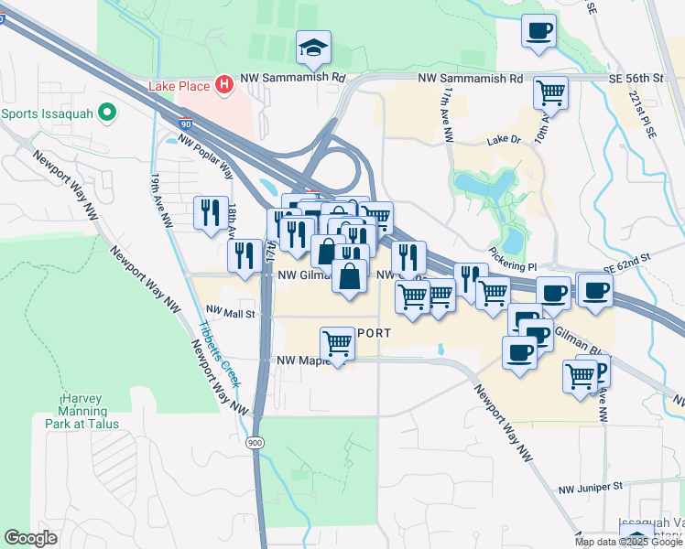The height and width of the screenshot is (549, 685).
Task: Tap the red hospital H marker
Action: pos(224,85)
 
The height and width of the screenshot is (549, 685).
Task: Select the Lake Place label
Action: pos(180,86)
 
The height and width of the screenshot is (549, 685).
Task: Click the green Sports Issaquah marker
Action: pos(108,114)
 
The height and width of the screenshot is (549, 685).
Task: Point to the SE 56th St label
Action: pos(635,80)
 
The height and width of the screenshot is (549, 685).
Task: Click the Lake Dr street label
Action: pos(503,140)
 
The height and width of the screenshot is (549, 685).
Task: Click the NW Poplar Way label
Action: pos(206,154)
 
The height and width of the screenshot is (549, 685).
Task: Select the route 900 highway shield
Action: pos(254,442)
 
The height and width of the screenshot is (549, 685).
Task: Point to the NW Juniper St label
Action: pos(592,485)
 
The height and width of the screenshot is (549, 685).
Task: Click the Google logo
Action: pos(30,538)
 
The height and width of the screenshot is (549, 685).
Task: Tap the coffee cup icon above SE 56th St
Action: pos(538,31)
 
